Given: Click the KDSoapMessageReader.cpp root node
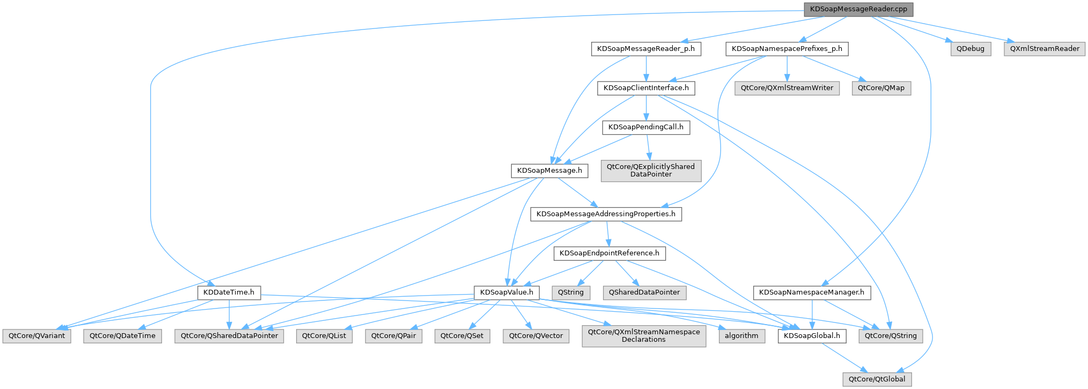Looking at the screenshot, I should pyautogui.click(x=858, y=9).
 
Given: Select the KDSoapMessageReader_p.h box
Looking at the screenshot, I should pyautogui.click(x=646, y=49).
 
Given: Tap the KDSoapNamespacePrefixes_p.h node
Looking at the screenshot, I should pyautogui.click(x=787, y=49).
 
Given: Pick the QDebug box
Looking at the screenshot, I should pyautogui.click(x=971, y=49).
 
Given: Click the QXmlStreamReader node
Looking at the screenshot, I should pyautogui.click(x=1045, y=49).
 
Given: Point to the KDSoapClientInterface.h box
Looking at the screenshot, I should pyautogui.click(x=646, y=88).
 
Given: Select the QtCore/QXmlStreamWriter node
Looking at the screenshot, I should pyautogui.click(x=787, y=88).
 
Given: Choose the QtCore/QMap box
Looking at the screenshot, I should pyautogui.click(x=881, y=88).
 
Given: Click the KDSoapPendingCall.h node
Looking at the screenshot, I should pyautogui.click(x=646, y=127).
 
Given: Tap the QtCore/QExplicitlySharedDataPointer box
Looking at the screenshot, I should pyautogui.click(x=651, y=171).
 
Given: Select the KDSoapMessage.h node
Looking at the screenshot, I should pyautogui.click(x=549, y=171).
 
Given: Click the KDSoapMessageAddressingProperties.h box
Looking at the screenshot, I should pyautogui.click(x=606, y=214).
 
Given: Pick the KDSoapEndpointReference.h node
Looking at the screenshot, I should pyautogui.click(x=609, y=253).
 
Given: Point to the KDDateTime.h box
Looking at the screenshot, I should pyautogui.click(x=229, y=292).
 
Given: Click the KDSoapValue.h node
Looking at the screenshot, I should pyautogui.click(x=506, y=292).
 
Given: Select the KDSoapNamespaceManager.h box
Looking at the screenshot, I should pyautogui.click(x=812, y=292).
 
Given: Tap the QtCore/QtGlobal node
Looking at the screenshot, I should pyautogui.click(x=877, y=379).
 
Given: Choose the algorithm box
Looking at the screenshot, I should pyautogui.click(x=741, y=336).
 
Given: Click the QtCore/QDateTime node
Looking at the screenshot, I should pyautogui.click(x=122, y=336).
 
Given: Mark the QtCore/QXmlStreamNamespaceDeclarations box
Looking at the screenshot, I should pyautogui.click(x=644, y=336).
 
